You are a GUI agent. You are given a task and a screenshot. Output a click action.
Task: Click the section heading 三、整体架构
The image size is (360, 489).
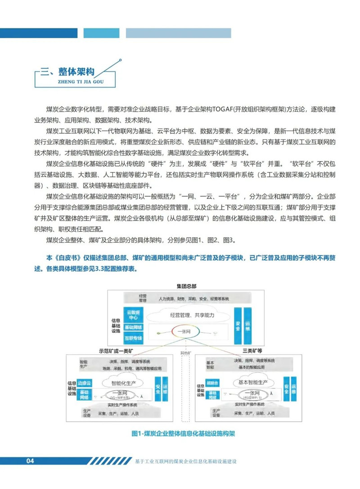point(67,72)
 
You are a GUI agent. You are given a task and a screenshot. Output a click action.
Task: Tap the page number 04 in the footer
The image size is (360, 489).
point(30,461)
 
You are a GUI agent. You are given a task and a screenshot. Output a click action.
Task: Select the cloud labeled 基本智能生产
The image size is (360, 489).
point(248,382)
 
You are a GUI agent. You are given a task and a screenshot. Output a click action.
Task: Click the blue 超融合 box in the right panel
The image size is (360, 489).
point(212,383)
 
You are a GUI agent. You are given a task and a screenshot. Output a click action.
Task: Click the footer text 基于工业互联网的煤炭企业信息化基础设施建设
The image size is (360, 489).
point(185,461)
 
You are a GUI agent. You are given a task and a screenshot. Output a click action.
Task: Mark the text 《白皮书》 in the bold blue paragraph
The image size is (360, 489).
point(67,258)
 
